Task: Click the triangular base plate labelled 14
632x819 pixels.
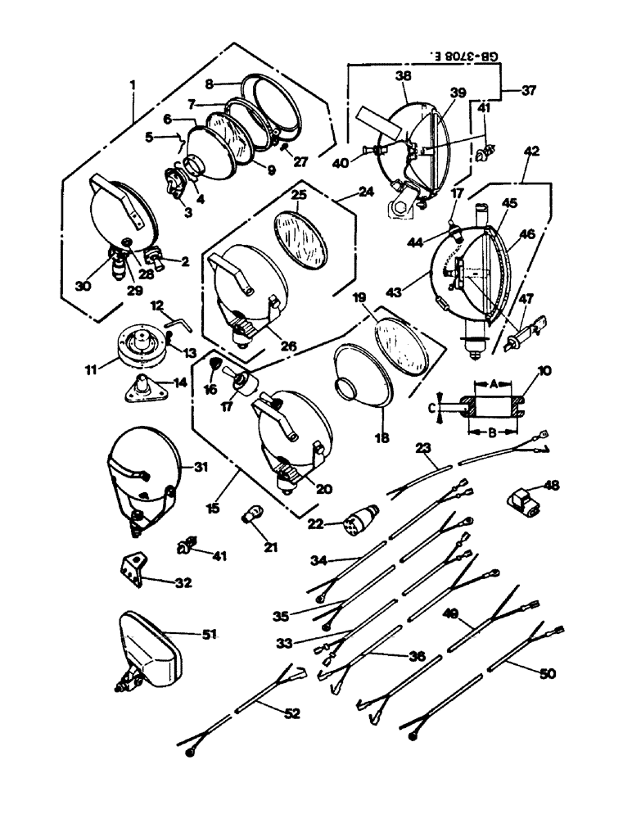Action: pos(145,387)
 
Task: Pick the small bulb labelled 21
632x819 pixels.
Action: pos(252,514)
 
